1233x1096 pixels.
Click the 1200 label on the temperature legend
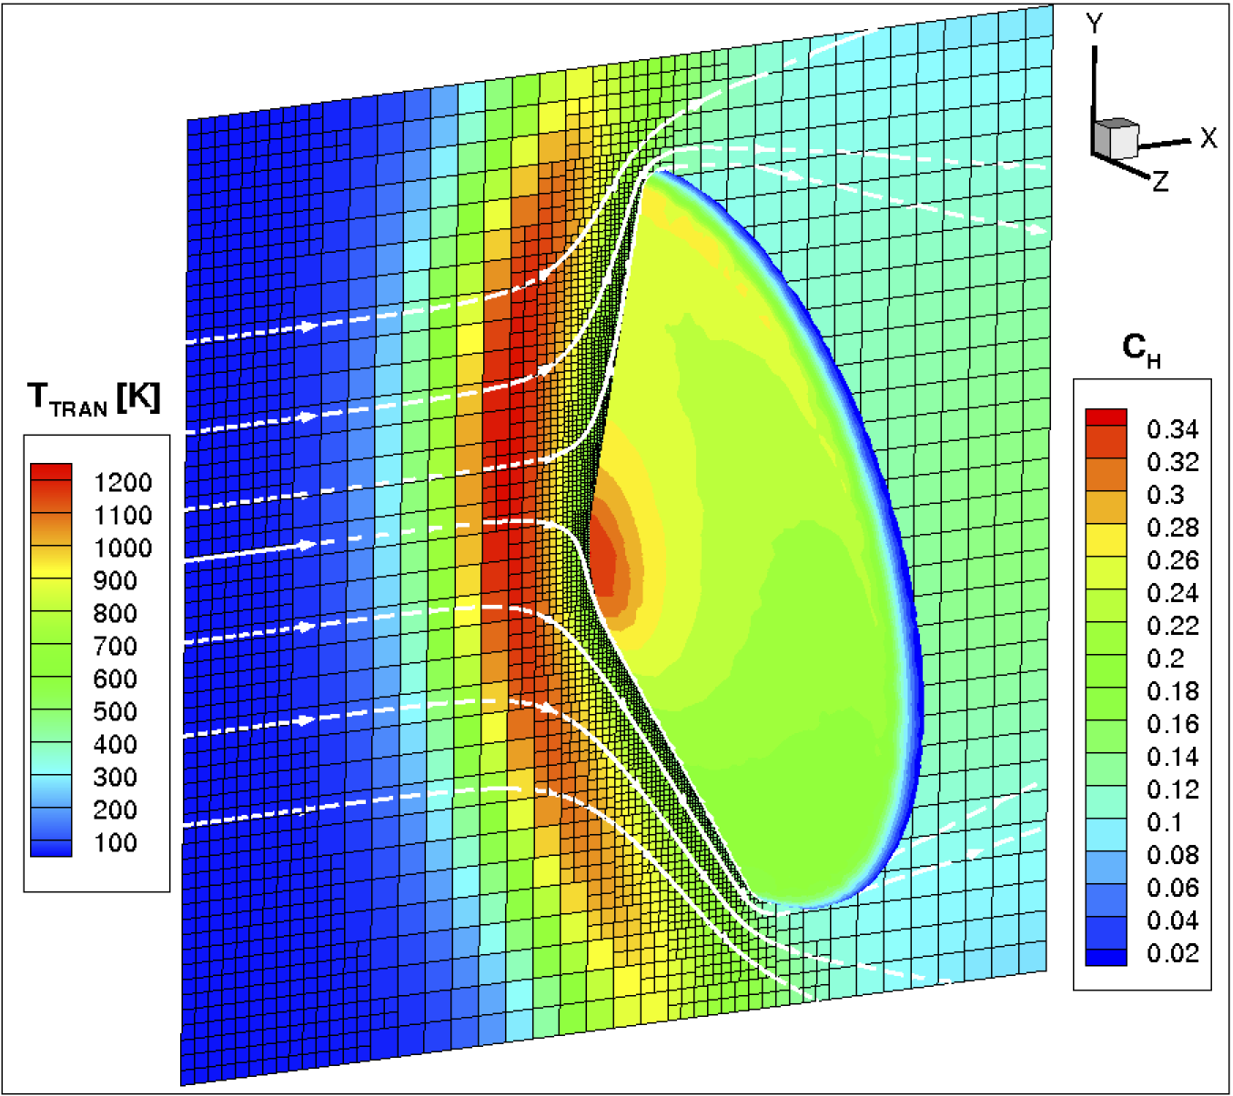point(122,482)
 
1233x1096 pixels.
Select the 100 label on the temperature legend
point(115,842)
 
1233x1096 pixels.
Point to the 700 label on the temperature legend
point(115,646)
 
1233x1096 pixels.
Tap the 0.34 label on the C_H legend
point(1172,429)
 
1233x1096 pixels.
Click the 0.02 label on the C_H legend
point(1172,953)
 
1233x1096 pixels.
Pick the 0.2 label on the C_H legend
point(1165,659)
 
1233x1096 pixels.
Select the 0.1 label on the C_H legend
point(1165,822)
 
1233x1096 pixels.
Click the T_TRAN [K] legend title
point(94,398)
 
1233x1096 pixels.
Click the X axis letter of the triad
point(1208,138)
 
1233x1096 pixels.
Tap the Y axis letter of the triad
point(1095,25)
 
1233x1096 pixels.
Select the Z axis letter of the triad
point(1160,182)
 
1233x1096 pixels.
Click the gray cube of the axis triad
point(1115,137)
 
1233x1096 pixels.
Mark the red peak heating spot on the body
point(605,555)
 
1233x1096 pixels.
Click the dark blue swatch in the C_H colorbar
point(1106,956)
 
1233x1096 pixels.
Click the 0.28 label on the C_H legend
point(1172,528)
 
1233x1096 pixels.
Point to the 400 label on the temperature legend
point(115,744)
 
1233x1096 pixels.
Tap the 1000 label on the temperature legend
point(122,548)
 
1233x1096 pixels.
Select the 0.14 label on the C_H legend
point(1172,757)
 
